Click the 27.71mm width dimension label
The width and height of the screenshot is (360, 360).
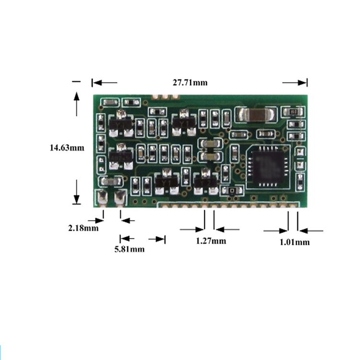(190, 83)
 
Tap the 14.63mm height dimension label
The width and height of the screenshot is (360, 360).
(67, 148)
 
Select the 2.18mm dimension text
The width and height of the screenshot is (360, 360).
(84, 228)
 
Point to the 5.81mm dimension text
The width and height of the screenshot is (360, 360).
(130, 249)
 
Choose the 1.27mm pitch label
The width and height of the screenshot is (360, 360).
(211, 241)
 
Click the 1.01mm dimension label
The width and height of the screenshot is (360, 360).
(295, 242)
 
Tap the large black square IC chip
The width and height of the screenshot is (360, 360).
(268, 166)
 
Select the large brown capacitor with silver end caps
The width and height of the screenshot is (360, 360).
(256, 114)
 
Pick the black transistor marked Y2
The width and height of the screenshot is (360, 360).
(205, 182)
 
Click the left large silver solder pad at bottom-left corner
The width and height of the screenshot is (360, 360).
(103, 197)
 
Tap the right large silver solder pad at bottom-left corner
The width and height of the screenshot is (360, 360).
(119, 197)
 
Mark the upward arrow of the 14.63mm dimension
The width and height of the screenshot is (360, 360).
(76, 104)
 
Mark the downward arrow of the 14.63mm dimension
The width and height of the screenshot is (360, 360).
(76, 192)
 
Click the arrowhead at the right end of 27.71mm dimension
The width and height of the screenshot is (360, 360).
(302, 83)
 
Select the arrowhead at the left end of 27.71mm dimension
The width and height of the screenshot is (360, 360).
(97, 83)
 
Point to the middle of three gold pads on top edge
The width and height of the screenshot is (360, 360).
(165, 96)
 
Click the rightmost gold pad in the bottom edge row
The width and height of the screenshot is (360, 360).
(292, 205)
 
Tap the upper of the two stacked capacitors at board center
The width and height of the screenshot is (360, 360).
(211, 144)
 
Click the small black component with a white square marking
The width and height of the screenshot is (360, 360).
(232, 191)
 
